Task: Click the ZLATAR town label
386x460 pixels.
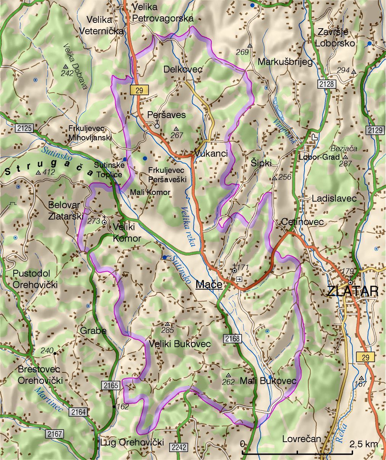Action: pyautogui.click(x=353, y=291)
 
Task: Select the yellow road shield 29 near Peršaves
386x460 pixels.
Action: pyautogui.click(x=139, y=90)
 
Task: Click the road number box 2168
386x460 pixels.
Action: pyautogui.click(x=232, y=339)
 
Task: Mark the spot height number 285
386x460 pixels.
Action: pyautogui.click(x=167, y=330)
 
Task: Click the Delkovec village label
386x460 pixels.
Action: pyautogui.click(x=183, y=69)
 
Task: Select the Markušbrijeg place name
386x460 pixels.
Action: pyautogui.click(x=285, y=62)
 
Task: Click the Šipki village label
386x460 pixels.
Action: pyautogui.click(x=261, y=163)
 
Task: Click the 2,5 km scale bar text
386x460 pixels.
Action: pyautogui.click(x=364, y=444)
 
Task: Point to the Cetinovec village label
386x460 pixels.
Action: pyautogui.click(x=302, y=222)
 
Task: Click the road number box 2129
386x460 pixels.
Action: pyautogui.click(x=375, y=130)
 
